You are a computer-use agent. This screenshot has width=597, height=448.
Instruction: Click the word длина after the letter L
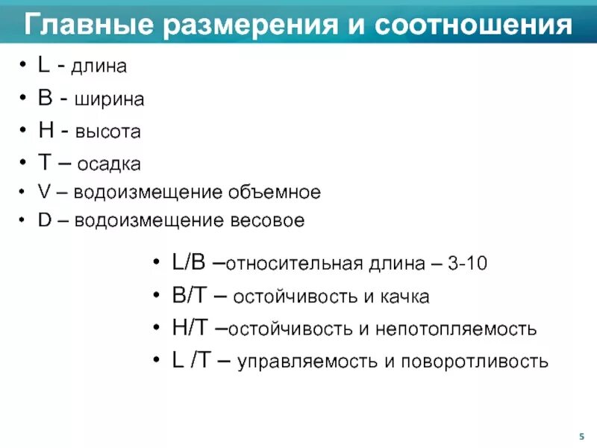(x=99, y=67)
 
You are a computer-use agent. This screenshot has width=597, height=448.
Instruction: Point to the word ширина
(x=109, y=99)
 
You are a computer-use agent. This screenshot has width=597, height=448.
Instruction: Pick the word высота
(x=110, y=132)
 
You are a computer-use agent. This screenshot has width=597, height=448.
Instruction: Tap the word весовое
(x=268, y=221)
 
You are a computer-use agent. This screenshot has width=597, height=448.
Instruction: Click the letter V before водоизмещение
(x=43, y=192)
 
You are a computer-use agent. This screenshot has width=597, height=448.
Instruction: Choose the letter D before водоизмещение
(x=43, y=221)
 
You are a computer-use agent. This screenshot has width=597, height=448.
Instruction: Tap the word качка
(x=404, y=297)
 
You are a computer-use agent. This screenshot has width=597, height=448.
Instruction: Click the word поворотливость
(x=475, y=362)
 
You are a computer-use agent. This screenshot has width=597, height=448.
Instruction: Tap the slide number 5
(x=581, y=436)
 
